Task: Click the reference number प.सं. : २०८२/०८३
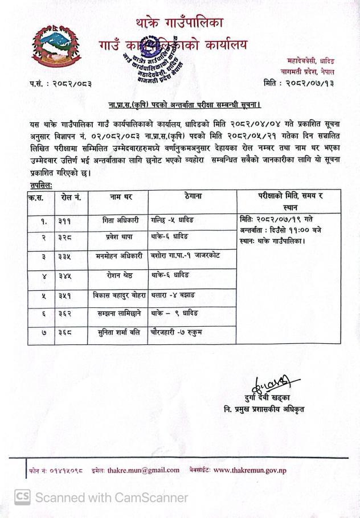(x=60, y=84)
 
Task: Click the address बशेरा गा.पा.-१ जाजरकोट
(x=186, y=256)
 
